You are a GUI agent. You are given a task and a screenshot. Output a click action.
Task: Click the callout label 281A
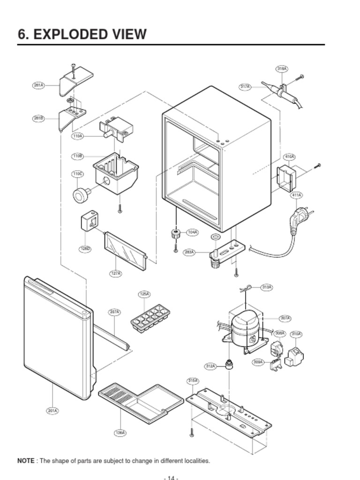pyautogui.click(x=38, y=85)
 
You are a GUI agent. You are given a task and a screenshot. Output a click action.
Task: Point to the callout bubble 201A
pyautogui.click(x=52, y=411)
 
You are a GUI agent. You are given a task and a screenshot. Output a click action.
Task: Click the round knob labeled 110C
pyautogui.click(x=82, y=194)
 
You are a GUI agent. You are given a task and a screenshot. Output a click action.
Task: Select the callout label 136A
pyautogui.click(x=120, y=433)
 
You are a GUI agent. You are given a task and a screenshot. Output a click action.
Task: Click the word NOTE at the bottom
pyautogui.click(x=26, y=461)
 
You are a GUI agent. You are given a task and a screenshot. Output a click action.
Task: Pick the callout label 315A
pyautogui.click(x=193, y=381)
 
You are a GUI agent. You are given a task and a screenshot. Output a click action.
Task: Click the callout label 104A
pyautogui.click(x=192, y=232)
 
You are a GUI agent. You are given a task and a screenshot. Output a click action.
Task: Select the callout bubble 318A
pyautogui.click(x=282, y=69)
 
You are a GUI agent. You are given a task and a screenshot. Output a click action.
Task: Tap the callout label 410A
pyautogui.click(x=290, y=157)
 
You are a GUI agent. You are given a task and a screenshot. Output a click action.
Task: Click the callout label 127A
pyautogui.click(x=116, y=273)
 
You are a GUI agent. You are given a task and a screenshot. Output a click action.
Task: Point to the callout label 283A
pyautogui.click(x=189, y=252)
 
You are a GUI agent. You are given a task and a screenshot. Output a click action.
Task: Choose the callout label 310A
pyautogui.click(x=296, y=334)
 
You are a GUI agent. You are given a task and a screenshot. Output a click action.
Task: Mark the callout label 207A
pyautogui.click(x=114, y=312)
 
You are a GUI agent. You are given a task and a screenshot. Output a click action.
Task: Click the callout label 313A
pyautogui.click(x=266, y=287)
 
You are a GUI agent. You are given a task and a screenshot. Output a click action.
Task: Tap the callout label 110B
pyautogui.click(x=77, y=156)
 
